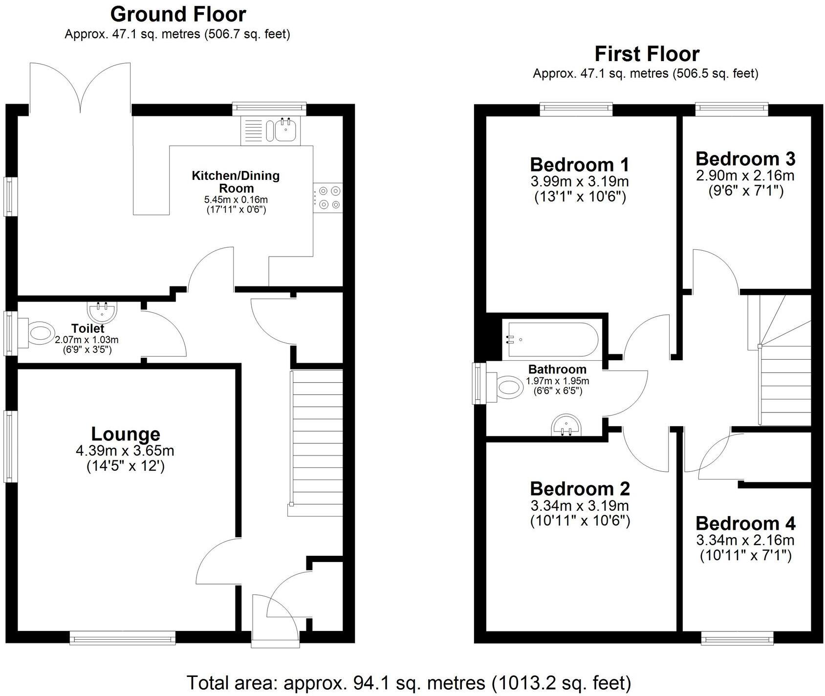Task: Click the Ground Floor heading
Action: (x=178, y=15)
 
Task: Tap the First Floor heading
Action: (x=647, y=54)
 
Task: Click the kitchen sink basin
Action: (x=285, y=130)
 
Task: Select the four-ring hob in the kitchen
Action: (x=328, y=197)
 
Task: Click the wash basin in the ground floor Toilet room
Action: (x=102, y=312)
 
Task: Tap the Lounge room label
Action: (x=126, y=434)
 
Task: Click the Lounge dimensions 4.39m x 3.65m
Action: (x=125, y=450)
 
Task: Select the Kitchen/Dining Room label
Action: (x=235, y=181)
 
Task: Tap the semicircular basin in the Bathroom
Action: (x=567, y=425)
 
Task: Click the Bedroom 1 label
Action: (x=580, y=165)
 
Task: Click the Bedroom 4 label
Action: (x=745, y=523)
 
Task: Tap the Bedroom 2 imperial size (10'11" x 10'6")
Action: (x=580, y=521)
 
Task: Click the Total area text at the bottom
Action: (x=409, y=682)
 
